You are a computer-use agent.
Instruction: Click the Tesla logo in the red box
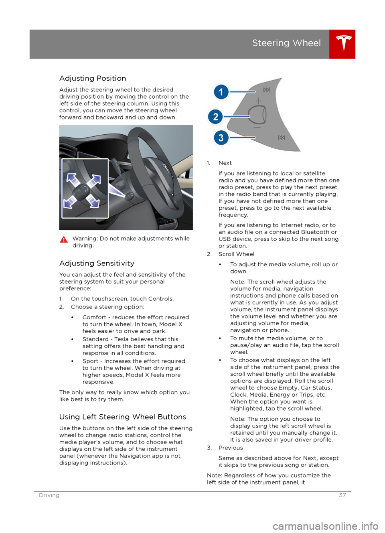click(343, 43)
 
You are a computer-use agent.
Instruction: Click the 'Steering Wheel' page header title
click(286, 43)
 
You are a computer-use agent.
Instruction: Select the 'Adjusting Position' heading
click(93, 79)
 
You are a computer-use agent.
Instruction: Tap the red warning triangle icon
click(64, 239)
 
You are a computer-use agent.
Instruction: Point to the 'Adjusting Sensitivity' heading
click(97, 263)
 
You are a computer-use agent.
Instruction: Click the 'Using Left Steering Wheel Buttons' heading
click(123, 417)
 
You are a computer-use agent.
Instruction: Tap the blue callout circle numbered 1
click(221, 92)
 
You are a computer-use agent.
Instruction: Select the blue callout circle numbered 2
click(216, 117)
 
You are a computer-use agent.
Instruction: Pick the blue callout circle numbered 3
click(221, 138)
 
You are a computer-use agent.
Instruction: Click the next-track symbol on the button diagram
click(267, 90)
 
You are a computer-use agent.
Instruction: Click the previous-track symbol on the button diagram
click(282, 138)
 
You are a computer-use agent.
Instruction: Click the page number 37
click(342, 495)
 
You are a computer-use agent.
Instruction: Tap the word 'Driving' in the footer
click(49, 495)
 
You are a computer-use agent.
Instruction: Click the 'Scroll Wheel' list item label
click(236, 254)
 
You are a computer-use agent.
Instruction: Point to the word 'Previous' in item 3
click(231, 448)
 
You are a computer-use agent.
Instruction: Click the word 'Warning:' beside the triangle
click(85, 239)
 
